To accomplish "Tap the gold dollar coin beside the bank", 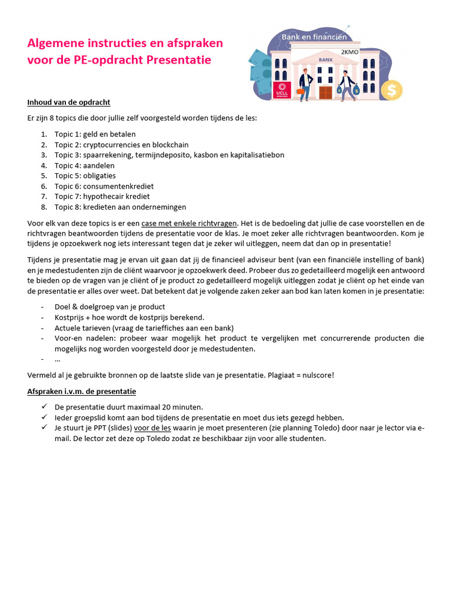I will click(391, 90).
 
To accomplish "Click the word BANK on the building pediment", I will click(325, 59).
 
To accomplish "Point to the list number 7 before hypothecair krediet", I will click(44, 197).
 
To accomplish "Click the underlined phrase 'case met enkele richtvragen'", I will click(189, 223).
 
